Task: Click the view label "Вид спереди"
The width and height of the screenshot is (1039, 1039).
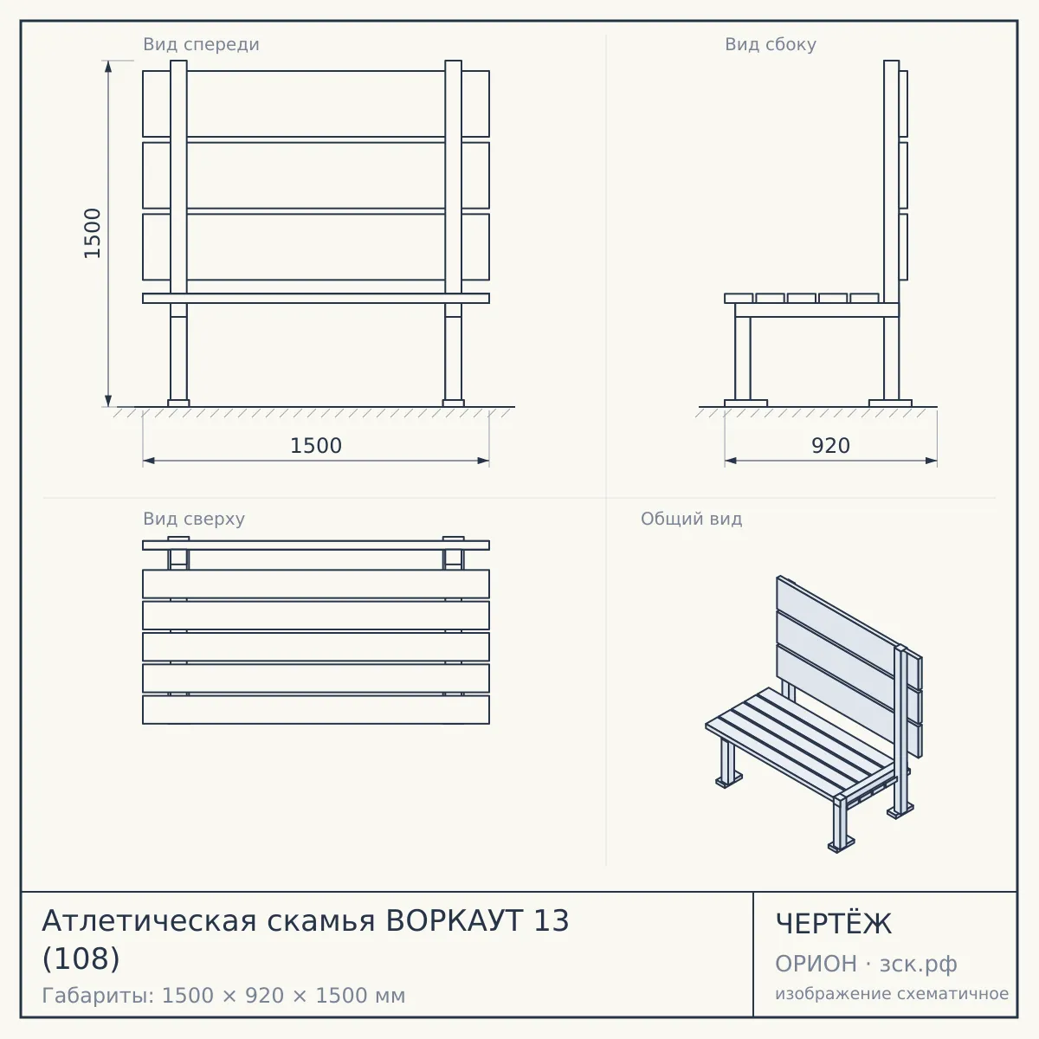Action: coord(201,44)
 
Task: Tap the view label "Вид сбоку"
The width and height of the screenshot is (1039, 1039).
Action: coord(771,44)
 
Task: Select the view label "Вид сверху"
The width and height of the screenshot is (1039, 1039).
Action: coord(194,519)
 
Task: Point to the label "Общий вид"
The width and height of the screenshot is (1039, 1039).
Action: coord(691,519)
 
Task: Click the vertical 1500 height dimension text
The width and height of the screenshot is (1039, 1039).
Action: coord(93,234)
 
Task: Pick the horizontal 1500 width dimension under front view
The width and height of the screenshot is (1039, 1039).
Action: coord(316,446)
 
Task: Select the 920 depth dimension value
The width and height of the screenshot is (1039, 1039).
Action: coord(831,446)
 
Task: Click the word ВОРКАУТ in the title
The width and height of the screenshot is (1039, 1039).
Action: coord(455,921)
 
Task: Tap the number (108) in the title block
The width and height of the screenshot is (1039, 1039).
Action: coord(81,959)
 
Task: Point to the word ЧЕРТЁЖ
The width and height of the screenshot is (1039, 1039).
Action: coord(834,924)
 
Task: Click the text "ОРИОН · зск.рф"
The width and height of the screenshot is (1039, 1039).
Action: coord(866,964)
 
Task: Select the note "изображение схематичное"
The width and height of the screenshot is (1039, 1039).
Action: coord(892,994)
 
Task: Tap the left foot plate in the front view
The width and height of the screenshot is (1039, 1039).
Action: coord(178,403)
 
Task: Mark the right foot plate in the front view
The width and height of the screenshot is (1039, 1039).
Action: coord(454,403)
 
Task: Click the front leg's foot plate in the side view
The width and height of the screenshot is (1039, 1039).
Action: coord(745,403)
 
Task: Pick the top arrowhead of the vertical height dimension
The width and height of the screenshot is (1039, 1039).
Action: coord(108,66)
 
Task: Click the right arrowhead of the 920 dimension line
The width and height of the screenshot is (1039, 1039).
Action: coord(931,461)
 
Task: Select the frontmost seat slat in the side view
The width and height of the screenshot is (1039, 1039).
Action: coord(739,298)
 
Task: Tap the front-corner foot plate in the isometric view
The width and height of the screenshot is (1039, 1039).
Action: coord(841,846)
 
